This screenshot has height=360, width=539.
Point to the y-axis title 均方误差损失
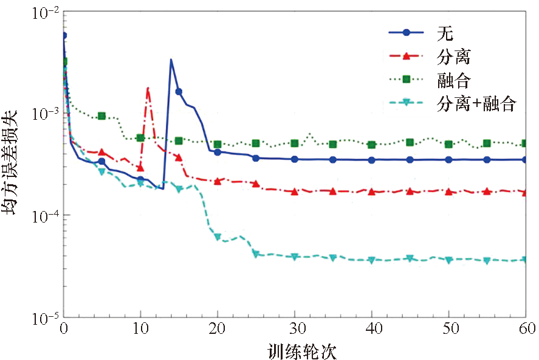click(x=13, y=164)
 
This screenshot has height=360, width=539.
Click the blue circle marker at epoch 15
click(x=179, y=92)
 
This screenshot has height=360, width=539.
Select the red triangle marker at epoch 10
click(x=140, y=168)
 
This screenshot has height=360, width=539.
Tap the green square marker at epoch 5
click(x=102, y=116)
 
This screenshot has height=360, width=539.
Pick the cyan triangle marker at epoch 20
click(x=218, y=237)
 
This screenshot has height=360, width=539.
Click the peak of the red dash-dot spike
click(x=148, y=89)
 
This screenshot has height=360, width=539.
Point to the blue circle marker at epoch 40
click(x=371, y=160)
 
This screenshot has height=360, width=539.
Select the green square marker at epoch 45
click(x=410, y=142)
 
